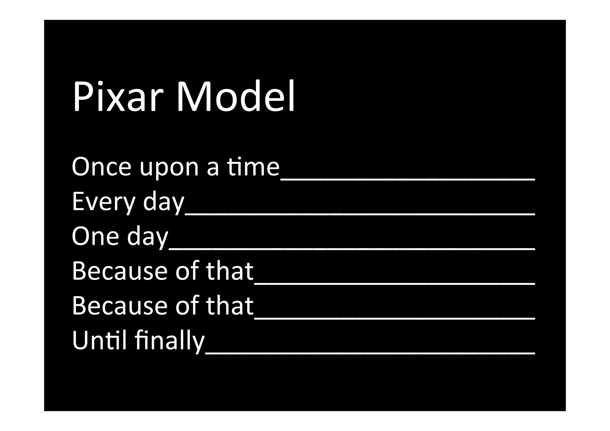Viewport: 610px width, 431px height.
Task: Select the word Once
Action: click(101, 167)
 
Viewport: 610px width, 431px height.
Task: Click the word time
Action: click(253, 167)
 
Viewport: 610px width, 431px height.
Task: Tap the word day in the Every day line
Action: click(164, 203)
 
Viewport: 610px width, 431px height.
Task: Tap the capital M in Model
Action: click(194, 96)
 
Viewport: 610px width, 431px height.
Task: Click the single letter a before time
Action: click(212, 168)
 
